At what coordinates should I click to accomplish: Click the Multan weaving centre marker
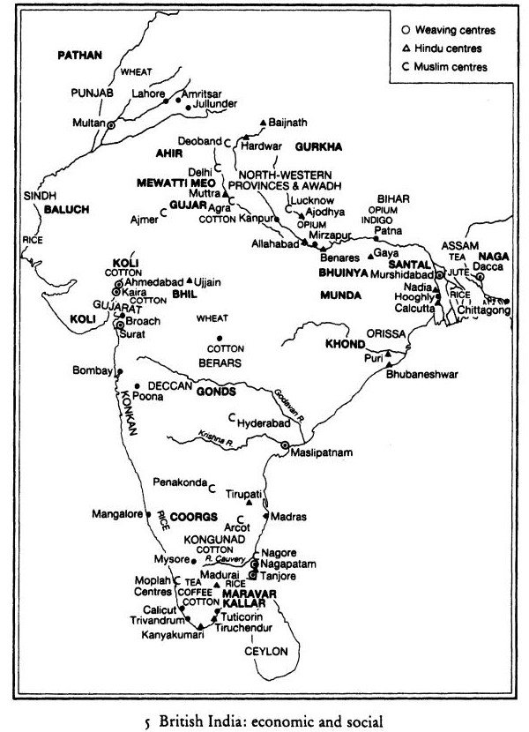pos(111,125)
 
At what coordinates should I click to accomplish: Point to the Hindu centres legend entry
pos(446,49)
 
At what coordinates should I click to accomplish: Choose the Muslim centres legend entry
pos(450,66)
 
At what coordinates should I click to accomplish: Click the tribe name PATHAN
pos(80,55)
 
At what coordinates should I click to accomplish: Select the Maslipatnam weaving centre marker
pos(285,445)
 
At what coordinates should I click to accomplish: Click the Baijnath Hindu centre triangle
pos(264,121)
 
